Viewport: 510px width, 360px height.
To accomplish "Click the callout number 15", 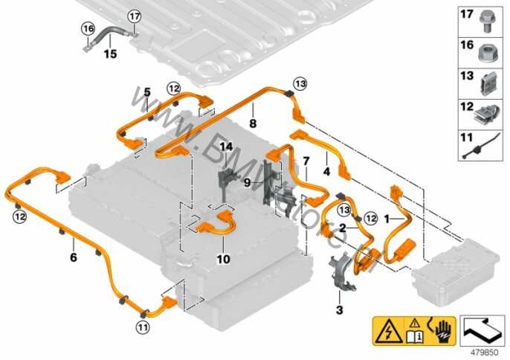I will coord(110,54).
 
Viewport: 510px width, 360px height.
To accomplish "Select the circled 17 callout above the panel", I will coord(134,16).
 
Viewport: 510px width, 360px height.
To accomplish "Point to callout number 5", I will coord(148,92).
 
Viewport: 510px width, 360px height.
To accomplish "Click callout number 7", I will coord(305,160).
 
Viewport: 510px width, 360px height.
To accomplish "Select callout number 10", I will coord(224,260).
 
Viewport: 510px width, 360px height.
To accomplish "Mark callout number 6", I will coord(72,258).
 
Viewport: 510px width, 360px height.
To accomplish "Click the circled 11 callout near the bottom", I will coord(141,326).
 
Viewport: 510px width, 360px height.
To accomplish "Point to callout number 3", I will coord(339,309).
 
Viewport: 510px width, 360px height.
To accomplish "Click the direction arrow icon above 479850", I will coord(482,327).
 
